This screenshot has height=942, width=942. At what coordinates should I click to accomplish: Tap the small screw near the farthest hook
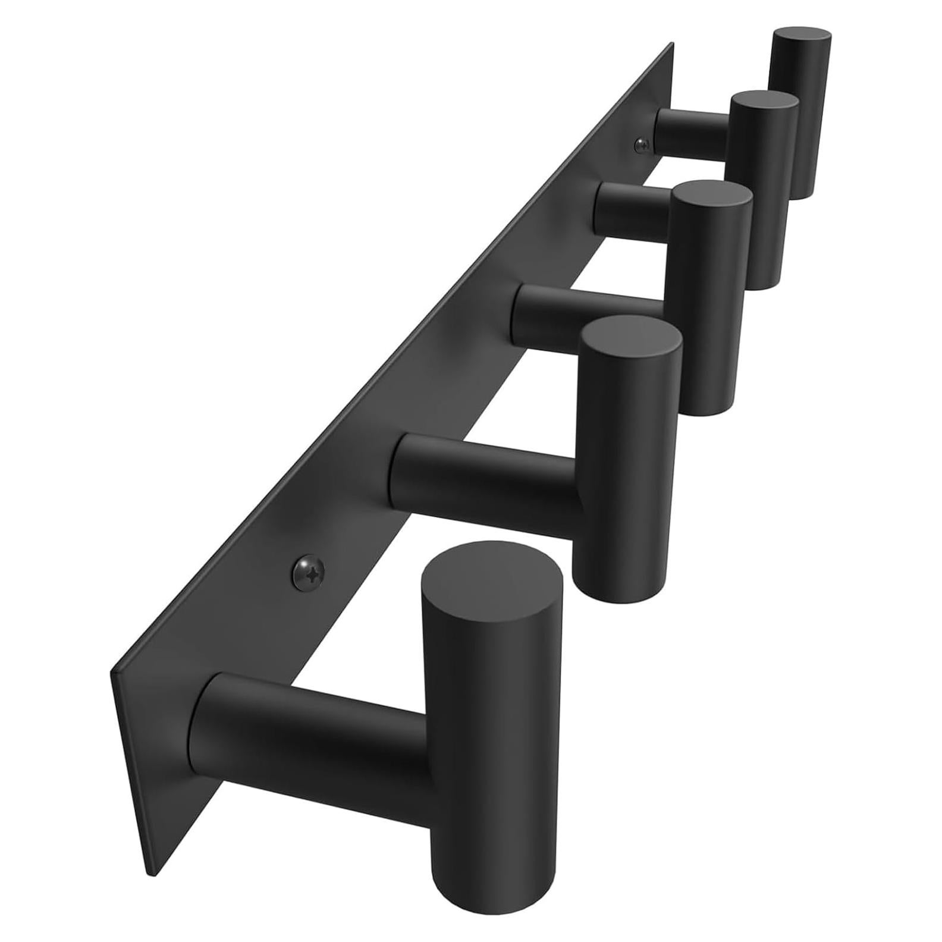point(643,143)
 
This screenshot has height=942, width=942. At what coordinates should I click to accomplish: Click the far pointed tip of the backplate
point(673,44)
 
